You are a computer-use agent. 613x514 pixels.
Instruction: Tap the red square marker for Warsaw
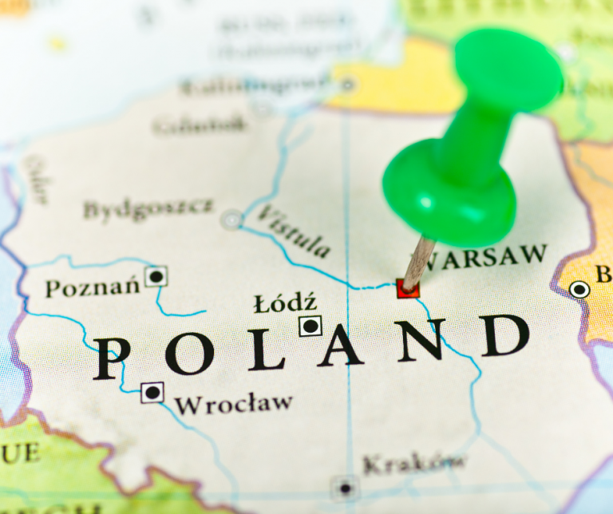click(408, 288)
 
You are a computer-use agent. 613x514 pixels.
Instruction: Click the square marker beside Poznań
click(156, 277)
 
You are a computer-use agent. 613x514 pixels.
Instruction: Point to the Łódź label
click(285, 303)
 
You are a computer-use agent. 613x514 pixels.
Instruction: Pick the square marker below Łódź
click(310, 326)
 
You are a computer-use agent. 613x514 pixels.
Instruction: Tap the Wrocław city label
click(234, 403)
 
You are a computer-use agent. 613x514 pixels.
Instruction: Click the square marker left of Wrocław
click(152, 393)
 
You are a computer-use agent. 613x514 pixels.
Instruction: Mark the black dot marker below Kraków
click(345, 487)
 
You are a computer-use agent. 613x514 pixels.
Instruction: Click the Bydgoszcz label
click(148, 208)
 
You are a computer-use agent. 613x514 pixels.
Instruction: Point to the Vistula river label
click(295, 231)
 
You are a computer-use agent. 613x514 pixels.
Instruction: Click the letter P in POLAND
click(112, 358)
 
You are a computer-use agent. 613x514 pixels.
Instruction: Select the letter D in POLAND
click(504, 336)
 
